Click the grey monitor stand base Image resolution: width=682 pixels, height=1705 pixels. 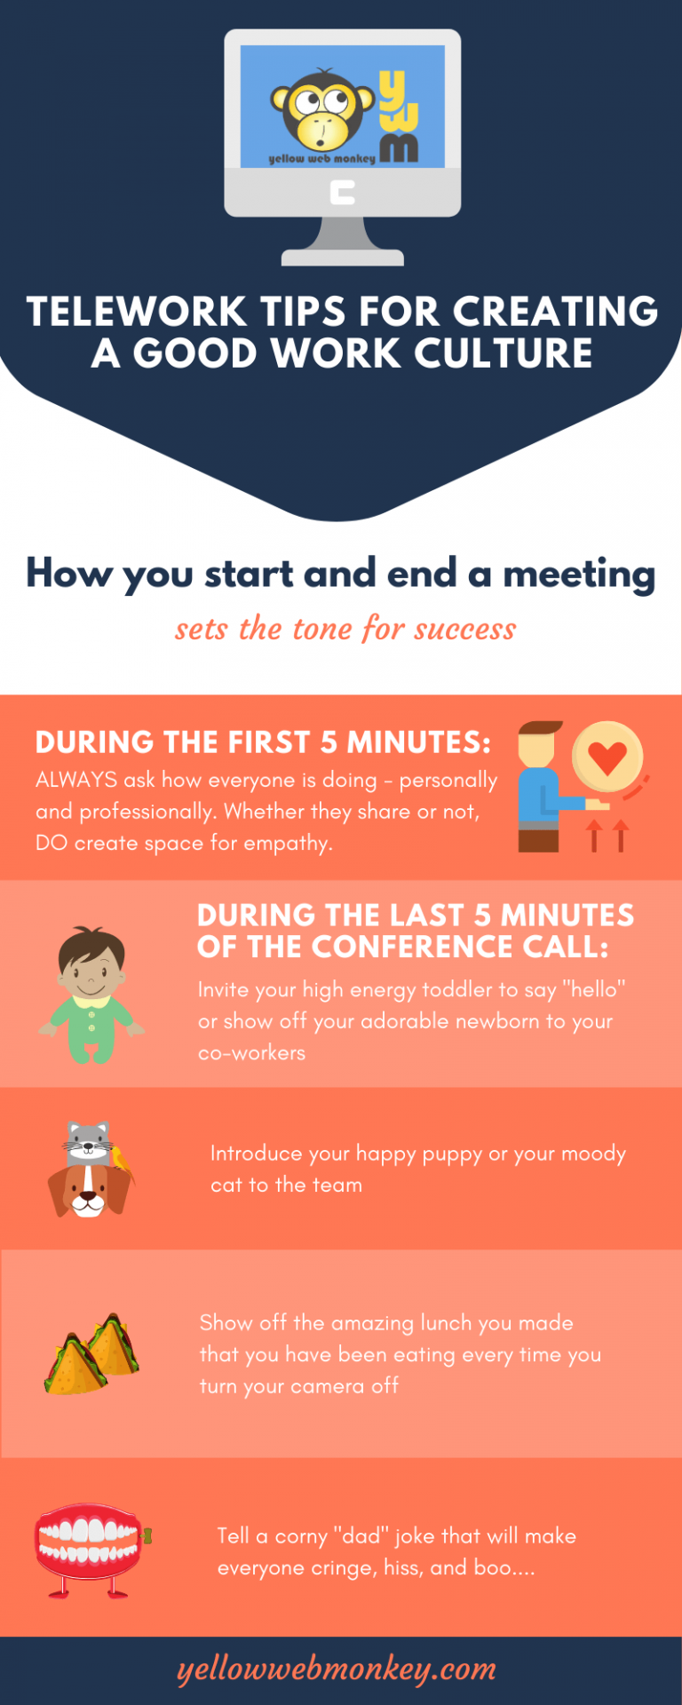pyautogui.click(x=343, y=258)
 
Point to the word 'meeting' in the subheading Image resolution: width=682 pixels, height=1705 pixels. pyautogui.click(x=579, y=574)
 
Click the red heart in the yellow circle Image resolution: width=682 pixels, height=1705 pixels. pyautogui.click(x=608, y=757)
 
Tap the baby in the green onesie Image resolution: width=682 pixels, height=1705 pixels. pyautogui.click(x=91, y=995)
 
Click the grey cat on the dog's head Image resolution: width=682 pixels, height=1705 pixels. pyautogui.click(x=87, y=1140)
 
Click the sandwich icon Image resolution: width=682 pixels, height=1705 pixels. pyautogui.click(x=91, y=1353)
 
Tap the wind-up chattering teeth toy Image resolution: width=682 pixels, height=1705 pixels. pyautogui.click(x=89, y=1547)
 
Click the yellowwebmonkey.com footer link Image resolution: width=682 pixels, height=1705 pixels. pyautogui.click(x=337, y=1669)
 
